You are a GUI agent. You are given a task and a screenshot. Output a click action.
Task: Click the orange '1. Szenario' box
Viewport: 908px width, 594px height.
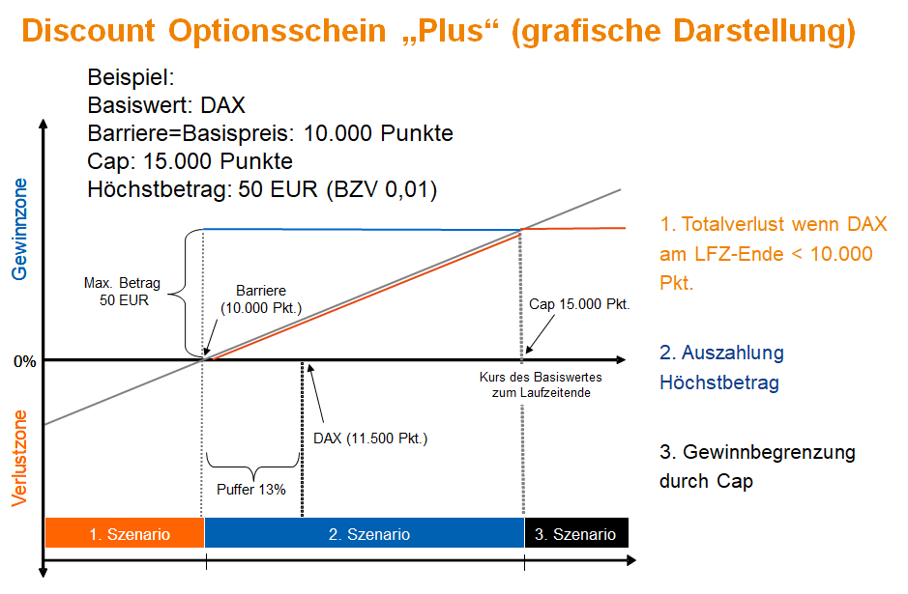click(125, 533)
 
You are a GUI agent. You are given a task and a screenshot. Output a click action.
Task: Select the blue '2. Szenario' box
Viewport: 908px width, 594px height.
click(365, 533)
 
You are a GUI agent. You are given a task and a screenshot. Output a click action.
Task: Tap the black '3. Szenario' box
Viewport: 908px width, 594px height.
click(576, 533)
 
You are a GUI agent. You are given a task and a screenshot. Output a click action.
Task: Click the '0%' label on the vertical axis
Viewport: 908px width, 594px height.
click(24, 361)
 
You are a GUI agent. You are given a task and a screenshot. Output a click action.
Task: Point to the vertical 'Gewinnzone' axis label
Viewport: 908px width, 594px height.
click(19, 229)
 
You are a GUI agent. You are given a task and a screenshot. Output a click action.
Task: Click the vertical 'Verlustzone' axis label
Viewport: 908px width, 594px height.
click(19, 459)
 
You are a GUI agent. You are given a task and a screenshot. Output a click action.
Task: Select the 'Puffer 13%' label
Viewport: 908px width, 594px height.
click(251, 490)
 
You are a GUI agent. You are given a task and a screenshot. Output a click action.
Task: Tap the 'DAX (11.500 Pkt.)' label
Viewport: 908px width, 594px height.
click(370, 438)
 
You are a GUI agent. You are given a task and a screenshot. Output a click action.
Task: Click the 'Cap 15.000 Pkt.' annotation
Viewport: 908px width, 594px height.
click(579, 304)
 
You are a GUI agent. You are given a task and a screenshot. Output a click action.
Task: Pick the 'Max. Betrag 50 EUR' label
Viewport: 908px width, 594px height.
click(122, 292)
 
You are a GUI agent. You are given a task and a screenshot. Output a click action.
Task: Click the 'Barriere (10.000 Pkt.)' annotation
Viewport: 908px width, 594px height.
click(261, 299)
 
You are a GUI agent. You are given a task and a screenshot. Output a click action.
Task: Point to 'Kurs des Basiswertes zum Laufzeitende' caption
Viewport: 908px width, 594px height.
click(541, 384)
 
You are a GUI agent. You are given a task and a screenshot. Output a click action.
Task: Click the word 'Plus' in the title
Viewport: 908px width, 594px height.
click(450, 31)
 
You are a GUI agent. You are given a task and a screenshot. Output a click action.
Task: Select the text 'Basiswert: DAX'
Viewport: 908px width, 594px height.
click(166, 105)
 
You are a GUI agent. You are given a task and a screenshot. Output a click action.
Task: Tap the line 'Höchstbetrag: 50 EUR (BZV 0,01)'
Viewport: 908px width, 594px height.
click(262, 189)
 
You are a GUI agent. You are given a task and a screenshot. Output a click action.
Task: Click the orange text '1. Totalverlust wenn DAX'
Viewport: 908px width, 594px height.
click(773, 224)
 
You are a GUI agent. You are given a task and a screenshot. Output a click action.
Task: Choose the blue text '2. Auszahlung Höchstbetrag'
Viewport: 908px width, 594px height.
click(721, 367)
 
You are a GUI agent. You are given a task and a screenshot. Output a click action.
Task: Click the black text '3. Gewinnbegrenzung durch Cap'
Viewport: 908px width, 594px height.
click(757, 467)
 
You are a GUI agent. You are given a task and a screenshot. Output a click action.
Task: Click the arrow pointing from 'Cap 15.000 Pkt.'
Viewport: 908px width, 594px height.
click(540, 334)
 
